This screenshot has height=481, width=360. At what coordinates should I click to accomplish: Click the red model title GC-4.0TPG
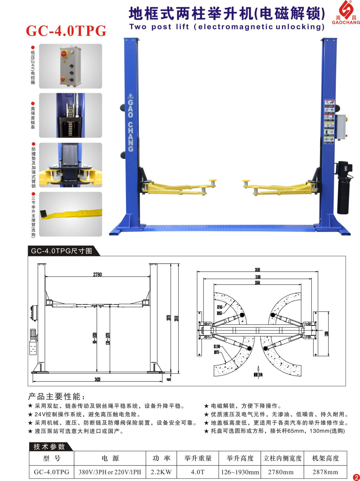(66, 31)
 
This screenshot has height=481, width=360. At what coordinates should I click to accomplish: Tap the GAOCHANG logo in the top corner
(346, 13)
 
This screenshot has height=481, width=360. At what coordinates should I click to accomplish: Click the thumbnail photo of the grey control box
(71, 66)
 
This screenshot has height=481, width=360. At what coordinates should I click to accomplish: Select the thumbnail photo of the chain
(71, 115)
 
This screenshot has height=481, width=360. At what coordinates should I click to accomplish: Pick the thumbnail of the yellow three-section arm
(71, 214)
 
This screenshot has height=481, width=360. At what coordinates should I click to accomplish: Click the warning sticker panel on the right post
(329, 121)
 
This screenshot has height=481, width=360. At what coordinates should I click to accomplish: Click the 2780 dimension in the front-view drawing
(98, 275)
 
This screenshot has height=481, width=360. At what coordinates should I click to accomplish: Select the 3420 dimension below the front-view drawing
(98, 379)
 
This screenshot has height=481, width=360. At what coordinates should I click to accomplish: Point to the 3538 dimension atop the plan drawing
(257, 270)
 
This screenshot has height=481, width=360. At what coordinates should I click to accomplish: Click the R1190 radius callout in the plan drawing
(217, 347)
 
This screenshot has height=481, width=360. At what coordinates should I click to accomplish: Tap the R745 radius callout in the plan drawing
(220, 307)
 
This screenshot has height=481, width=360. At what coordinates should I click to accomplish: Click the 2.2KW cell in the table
(161, 472)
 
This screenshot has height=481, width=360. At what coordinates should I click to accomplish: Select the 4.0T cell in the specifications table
(198, 472)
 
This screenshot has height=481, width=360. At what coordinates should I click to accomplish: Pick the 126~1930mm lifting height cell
(240, 472)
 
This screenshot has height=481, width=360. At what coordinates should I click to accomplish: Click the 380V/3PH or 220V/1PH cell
(110, 472)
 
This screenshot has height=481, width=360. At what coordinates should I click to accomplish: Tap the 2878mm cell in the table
(325, 472)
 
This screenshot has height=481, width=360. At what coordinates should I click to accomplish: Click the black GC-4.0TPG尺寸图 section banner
(62, 251)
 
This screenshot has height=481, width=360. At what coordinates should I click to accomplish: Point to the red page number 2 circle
(356, 477)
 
